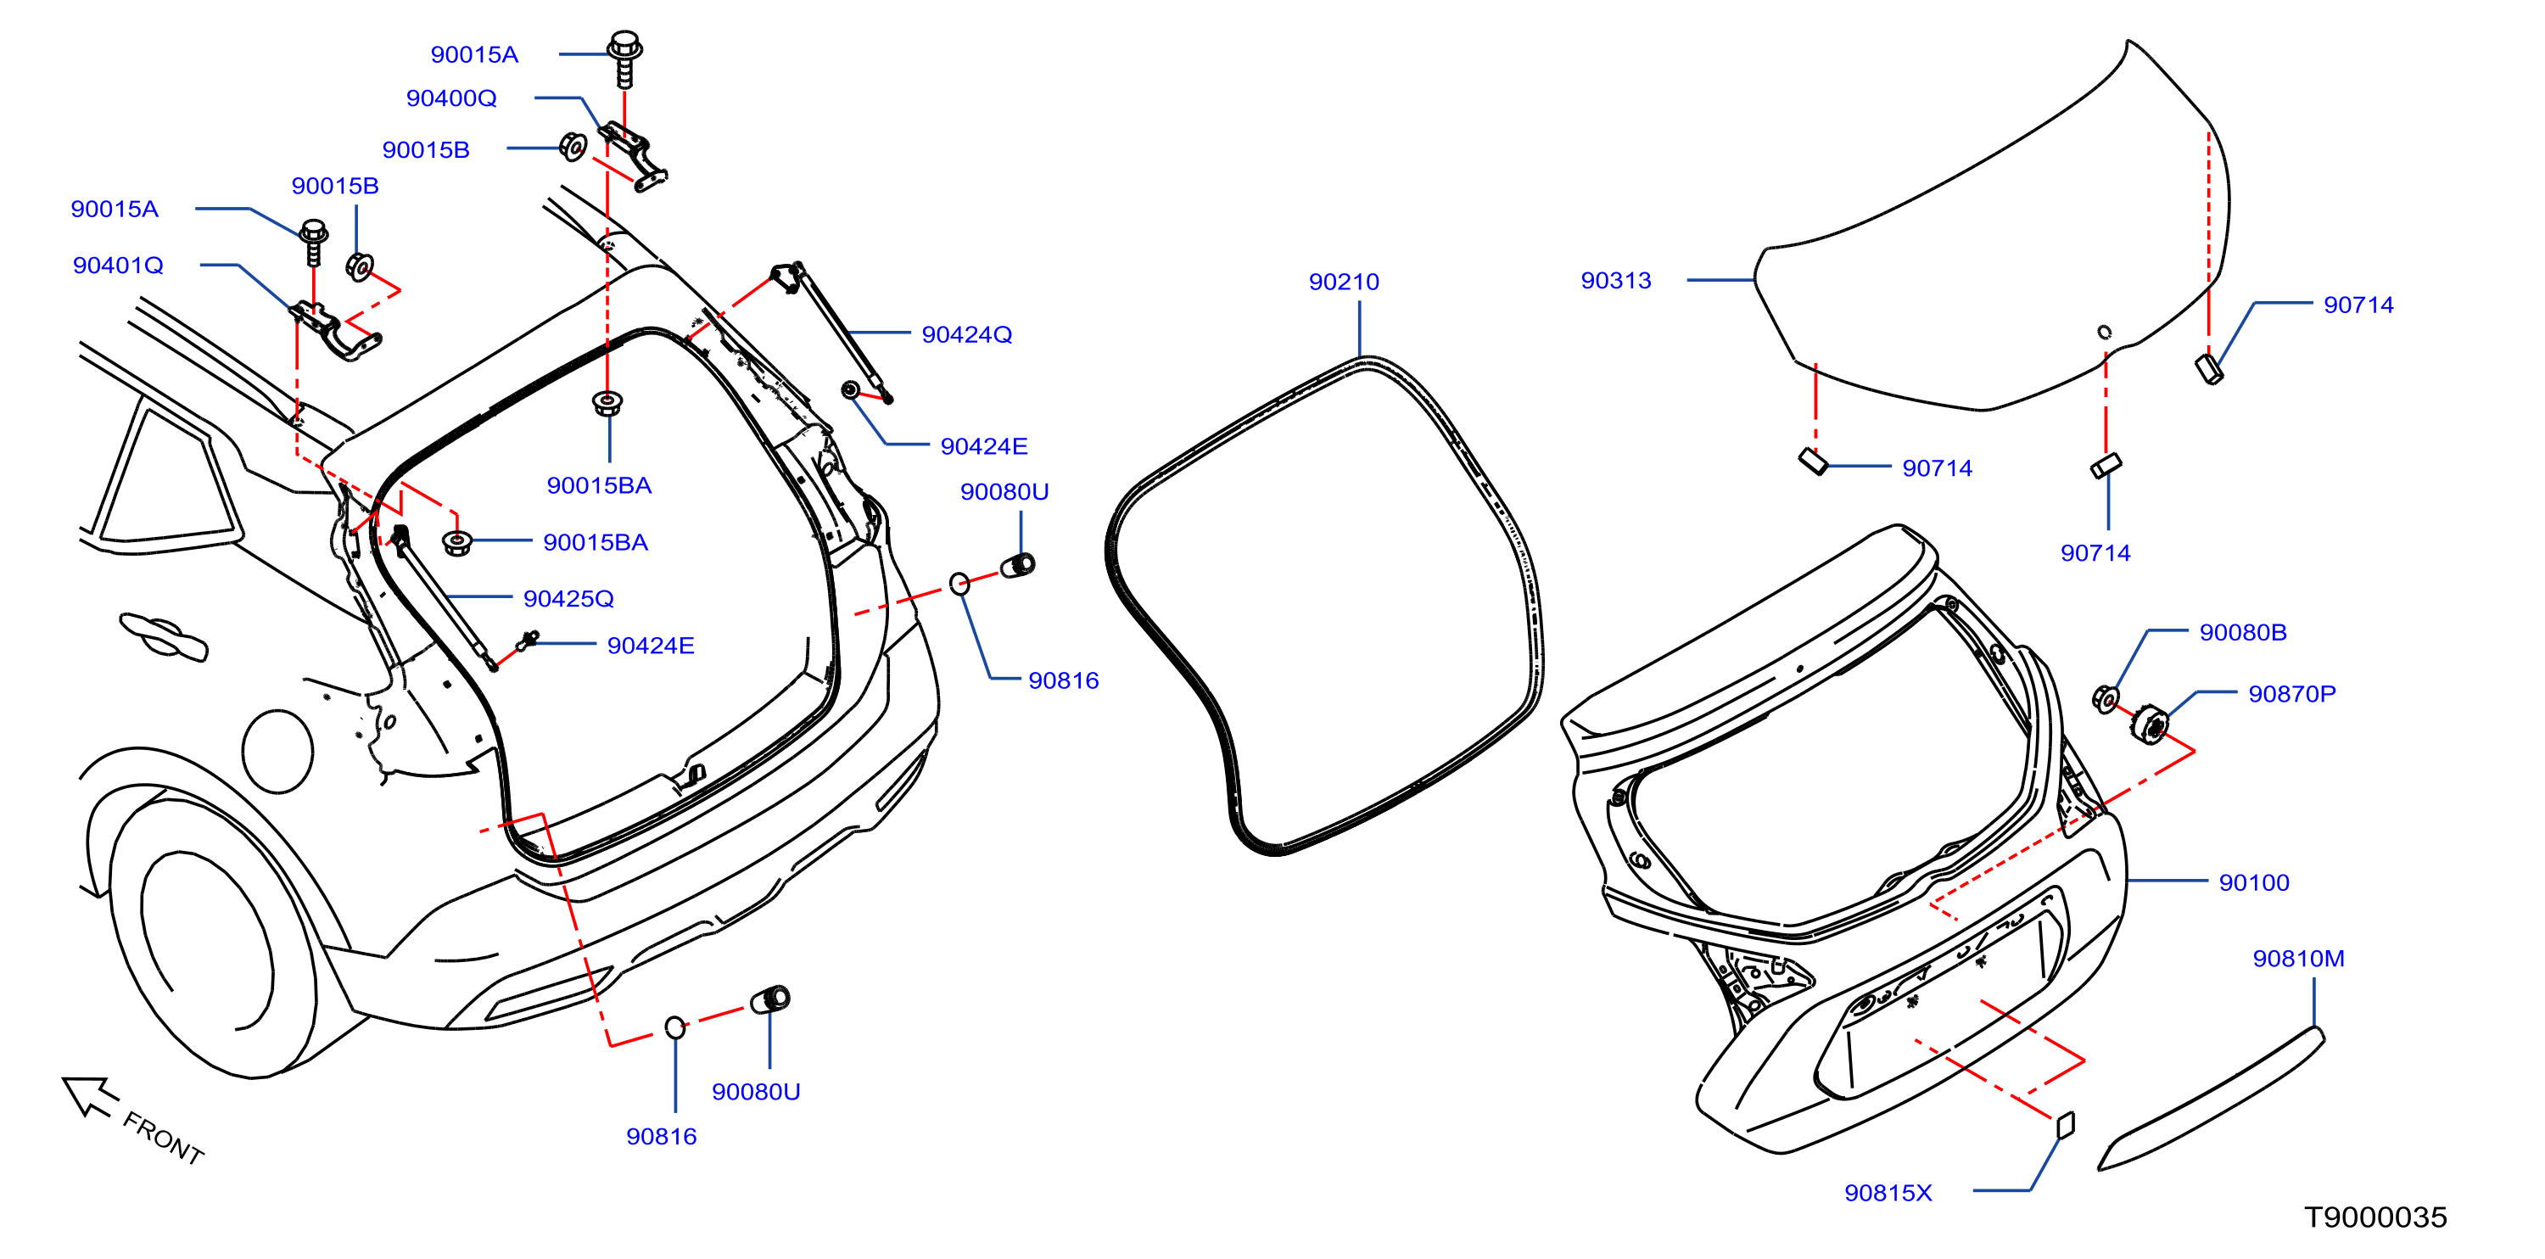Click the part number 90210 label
pos(1344,282)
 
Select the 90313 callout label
pos(1615,281)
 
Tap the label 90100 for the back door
pos(2253,882)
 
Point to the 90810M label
pos(2298,959)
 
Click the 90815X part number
pos(1888,1193)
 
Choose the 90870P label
pos(2292,694)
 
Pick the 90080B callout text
pos(2243,632)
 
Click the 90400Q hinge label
pos(451,98)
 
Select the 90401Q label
pos(118,265)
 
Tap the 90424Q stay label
pos(966,334)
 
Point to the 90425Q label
pos(568,598)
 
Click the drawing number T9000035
pos(2375,1217)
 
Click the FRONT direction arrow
pos(90,1097)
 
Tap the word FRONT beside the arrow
pos(163,1138)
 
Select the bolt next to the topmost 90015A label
pos(624,59)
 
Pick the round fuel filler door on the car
pos(277,751)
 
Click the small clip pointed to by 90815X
pos(2065,1125)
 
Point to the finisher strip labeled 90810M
pos(2211,1099)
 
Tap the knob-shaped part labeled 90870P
pos(2150,725)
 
